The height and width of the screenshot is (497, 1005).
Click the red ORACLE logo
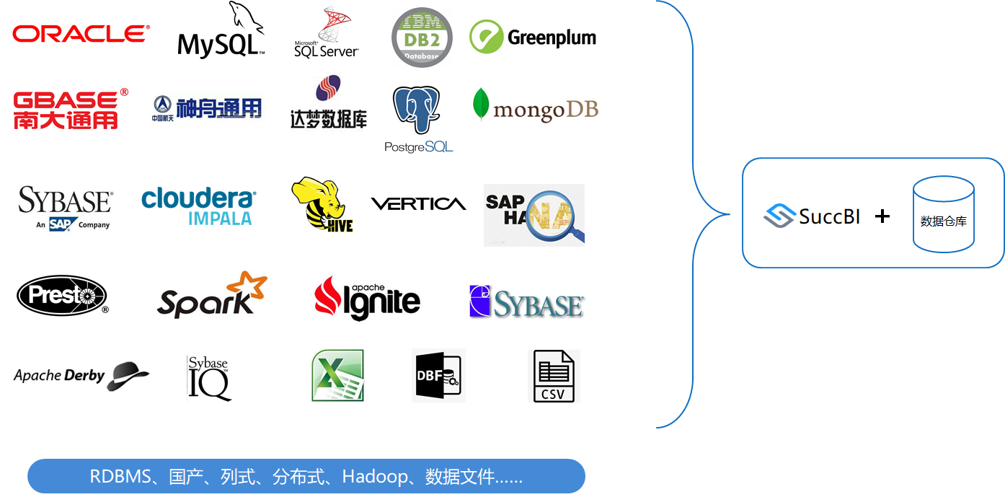tap(81, 33)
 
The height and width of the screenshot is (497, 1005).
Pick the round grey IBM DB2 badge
tap(422, 38)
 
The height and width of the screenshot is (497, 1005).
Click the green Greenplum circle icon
tap(486, 37)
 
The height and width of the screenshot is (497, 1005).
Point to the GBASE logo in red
tap(71, 109)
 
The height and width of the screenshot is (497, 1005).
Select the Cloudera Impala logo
tap(199, 206)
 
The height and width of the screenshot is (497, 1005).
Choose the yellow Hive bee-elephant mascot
tap(322, 204)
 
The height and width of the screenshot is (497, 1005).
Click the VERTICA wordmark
tap(418, 204)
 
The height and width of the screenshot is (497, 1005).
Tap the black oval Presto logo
tap(62, 296)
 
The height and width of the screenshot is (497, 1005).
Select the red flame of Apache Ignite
tap(328, 297)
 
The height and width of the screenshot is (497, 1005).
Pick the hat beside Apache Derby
tap(128, 376)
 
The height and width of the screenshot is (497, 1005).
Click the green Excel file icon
tap(337, 375)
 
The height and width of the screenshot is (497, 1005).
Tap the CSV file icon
tap(554, 376)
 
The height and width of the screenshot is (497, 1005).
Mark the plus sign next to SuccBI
tap(882, 216)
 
